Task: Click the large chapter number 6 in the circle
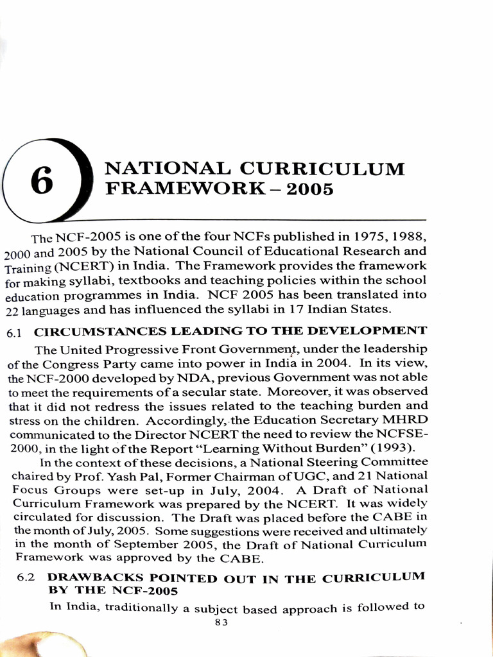tap(42, 181)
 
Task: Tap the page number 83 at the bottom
tap(221, 622)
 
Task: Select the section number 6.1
tap(15, 333)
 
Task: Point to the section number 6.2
tap(26, 578)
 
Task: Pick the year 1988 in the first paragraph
tap(406, 237)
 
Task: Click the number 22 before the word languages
tap(13, 310)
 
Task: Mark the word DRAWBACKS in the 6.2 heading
tap(91, 577)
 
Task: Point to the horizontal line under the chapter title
tap(257, 219)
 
